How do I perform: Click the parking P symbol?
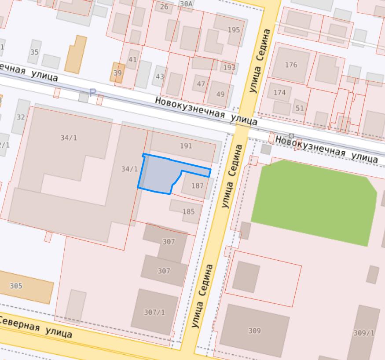click(x=92, y=93)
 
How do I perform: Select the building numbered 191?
click(x=186, y=146)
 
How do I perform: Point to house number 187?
click(x=198, y=185)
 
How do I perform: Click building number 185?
click(x=188, y=211)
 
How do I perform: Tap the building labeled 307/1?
click(x=154, y=312)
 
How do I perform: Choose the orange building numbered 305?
click(x=16, y=286)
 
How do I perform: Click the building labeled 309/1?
click(x=363, y=333)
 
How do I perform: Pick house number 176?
click(x=291, y=65)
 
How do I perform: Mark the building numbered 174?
click(x=279, y=92)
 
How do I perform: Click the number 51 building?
click(x=300, y=108)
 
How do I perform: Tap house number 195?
click(x=234, y=30)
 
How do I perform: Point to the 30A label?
click(x=186, y=4)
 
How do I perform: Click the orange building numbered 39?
click(x=117, y=73)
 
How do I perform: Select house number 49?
click(x=220, y=94)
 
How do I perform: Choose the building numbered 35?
click(x=34, y=52)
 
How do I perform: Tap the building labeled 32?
click(x=21, y=117)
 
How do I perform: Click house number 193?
click(x=229, y=68)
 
